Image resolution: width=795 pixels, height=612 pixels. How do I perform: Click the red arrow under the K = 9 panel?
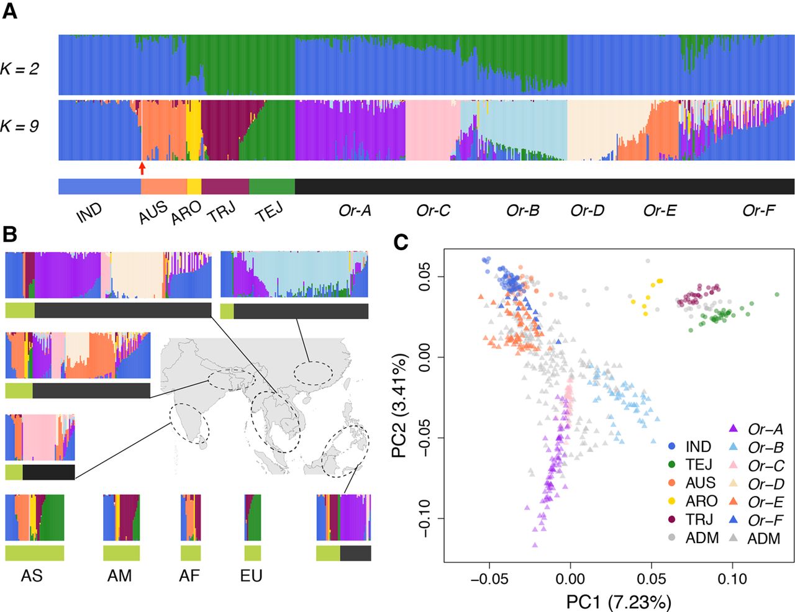(x=142, y=168)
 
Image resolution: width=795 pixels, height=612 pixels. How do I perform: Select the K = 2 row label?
(x=19, y=68)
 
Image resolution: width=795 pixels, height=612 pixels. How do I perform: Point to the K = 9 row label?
(x=19, y=126)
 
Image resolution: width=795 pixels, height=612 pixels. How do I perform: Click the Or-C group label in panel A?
(x=433, y=210)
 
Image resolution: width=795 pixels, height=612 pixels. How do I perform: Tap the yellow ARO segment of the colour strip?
(x=194, y=186)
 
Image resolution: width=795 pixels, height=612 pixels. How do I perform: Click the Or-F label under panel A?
(x=759, y=210)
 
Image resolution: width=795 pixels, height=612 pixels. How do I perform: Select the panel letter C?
(x=401, y=241)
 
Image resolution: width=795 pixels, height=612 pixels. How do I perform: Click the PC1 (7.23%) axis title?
(x=619, y=602)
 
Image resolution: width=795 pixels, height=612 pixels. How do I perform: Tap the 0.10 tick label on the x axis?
(x=732, y=578)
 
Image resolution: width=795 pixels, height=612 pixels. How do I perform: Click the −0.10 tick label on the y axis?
(x=425, y=518)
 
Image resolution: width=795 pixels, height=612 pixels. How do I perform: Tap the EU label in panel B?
(x=252, y=576)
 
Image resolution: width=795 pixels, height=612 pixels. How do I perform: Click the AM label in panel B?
(x=120, y=576)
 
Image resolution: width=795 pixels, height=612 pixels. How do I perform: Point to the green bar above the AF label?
(x=191, y=553)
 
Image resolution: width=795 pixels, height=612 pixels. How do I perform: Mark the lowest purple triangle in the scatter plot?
(x=535, y=545)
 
